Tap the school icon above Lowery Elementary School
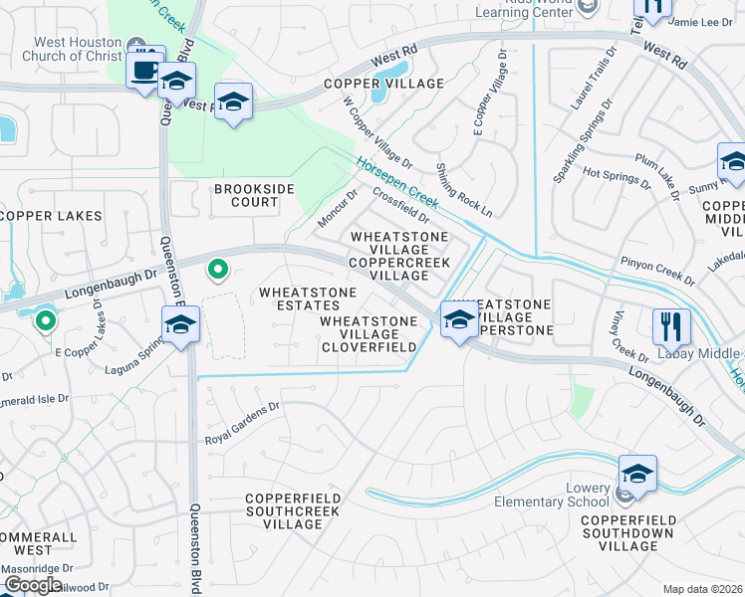(637, 472)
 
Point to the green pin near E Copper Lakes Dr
(45, 320)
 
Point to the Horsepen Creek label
(396, 173)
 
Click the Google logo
(33, 585)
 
